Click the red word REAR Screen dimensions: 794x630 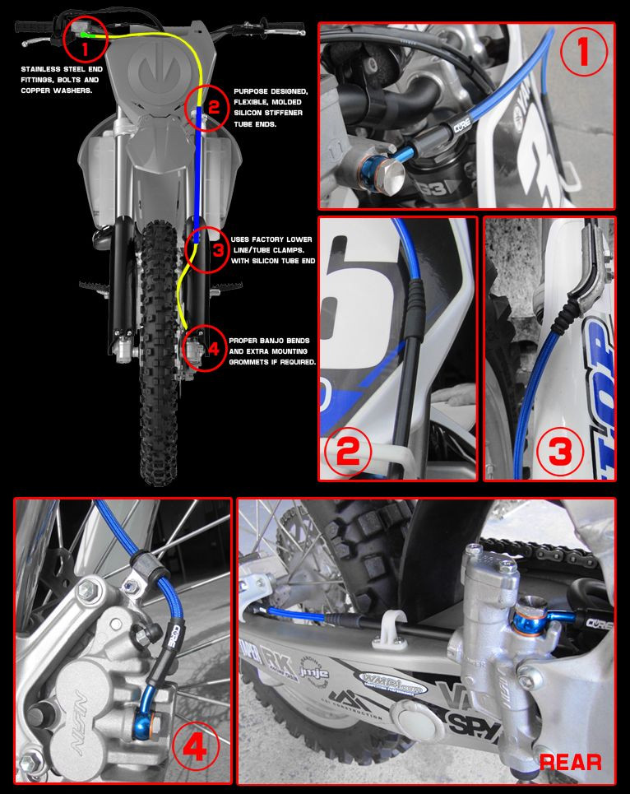click(570, 762)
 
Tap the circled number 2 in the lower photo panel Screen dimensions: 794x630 click(349, 451)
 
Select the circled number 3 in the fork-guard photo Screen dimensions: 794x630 click(560, 450)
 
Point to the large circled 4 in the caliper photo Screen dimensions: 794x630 click(193, 748)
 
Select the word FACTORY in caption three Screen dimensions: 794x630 click(276, 239)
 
